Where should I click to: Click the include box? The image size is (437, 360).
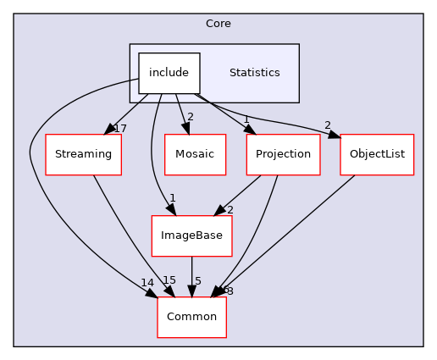coord(169,73)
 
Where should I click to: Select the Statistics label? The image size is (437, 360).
coord(254,73)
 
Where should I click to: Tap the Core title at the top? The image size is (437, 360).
coord(218,22)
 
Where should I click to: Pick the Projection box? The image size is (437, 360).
coord(283,154)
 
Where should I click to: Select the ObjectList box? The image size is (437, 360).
coord(377,154)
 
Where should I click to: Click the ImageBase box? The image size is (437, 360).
coord(191,235)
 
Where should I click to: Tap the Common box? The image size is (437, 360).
coord(191,317)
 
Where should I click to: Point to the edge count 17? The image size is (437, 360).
coord(119,128)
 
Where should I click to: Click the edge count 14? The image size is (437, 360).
coord(147,283)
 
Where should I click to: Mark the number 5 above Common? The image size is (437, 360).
coord(197,281)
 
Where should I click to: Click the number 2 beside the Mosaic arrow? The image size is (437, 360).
coord(191,116)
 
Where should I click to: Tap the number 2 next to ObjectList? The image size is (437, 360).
coord(327,125)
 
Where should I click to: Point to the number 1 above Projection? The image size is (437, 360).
coord(246,119)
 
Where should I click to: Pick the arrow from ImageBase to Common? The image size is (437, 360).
coord(191,275)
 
